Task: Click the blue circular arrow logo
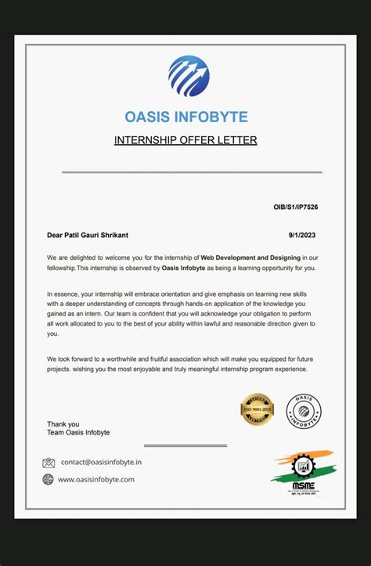(189, 76)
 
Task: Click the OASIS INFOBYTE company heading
(186, 117)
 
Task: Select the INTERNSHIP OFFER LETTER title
(185, 141)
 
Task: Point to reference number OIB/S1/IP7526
(296, 207)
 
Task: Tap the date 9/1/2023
(303, 234)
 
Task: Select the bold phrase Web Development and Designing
(250, 257)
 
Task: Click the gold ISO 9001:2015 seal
(257, 409)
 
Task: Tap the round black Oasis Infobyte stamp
(304, 411)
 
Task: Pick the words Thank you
(63, 424)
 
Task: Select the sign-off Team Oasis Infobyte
(78, 433)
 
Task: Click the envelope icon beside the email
(49, 463)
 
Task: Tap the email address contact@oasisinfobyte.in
(102, 463)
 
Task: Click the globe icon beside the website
(49, 479)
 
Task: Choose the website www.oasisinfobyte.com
(96, 479)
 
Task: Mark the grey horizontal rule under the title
(192, 171)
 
